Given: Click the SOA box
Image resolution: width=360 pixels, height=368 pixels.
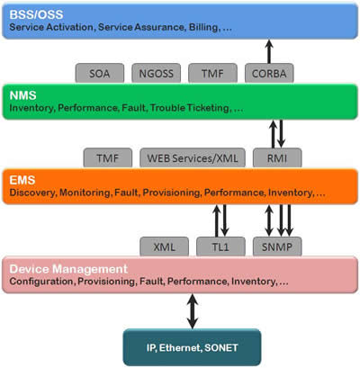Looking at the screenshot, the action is tap(100, 73).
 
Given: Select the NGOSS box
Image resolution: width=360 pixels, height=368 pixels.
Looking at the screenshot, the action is tap(157, 73).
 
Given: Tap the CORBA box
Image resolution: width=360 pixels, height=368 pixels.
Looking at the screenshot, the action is tap(269, 73).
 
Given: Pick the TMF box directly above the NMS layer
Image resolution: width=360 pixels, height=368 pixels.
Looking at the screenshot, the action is tap(212, 73).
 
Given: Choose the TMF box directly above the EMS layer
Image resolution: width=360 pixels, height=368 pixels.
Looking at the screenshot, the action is tap(108, 157).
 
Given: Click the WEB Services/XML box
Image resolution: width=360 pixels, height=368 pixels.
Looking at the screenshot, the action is tap(193, 157).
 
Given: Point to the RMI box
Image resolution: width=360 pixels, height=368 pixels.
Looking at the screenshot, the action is tap(277, 157).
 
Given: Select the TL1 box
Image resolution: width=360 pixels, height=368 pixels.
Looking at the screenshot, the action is tap(220, 247).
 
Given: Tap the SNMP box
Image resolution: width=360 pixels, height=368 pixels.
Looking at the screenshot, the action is tap(277, 247).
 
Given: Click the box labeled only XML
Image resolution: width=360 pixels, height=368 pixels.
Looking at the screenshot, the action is tap(165, 247).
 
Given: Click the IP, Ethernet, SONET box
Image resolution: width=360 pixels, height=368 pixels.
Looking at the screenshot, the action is tap(192, 347).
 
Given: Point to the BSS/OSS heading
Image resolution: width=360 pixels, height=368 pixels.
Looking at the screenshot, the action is tap(36, 14).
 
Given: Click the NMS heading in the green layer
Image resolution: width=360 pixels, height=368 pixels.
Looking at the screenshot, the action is tap(22, 95).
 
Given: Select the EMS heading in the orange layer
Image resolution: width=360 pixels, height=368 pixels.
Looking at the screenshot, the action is tap(22, 180).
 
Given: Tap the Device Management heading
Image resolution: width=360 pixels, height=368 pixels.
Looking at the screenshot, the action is tap(68, 269).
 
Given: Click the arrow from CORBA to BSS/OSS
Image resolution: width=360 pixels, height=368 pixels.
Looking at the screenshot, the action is tap(269, 51).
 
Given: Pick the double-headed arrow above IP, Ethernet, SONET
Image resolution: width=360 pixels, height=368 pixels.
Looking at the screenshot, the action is tap(193, 311).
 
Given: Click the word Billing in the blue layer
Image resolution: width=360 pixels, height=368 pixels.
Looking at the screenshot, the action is tap(203, 27).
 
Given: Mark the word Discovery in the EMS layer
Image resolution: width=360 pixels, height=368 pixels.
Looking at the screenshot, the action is tap(32, 193).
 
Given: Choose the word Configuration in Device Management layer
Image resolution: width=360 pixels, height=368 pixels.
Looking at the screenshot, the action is tap(41, 282).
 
